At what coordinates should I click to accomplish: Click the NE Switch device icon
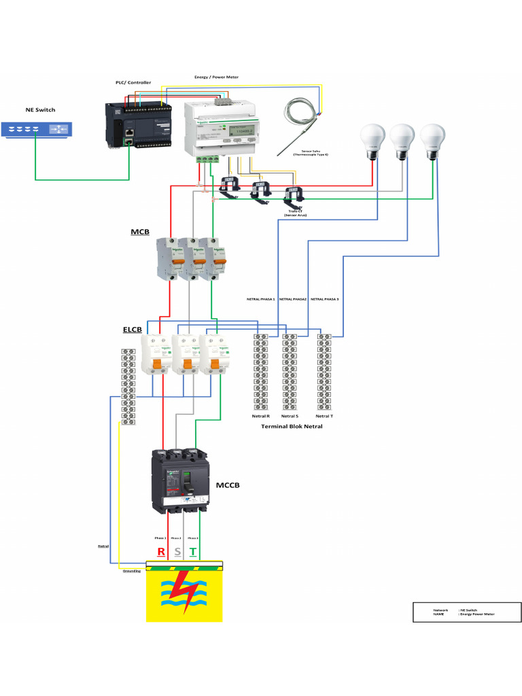[x=37, y=129]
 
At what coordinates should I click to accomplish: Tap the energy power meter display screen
[x=241, y=130]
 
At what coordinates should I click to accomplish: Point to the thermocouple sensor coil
[x=298, y=109]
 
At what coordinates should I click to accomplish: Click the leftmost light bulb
[x=372, y=139]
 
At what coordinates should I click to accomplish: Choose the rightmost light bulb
[x=432, y=139]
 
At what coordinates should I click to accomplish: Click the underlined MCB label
[x=140, y=232]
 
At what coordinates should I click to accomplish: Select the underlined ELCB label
[x=132, y=330]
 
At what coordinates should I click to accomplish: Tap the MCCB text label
[x=228, y=485]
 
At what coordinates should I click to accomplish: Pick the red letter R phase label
[x=161, y=551]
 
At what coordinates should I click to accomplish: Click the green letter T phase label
[x=193, y=551]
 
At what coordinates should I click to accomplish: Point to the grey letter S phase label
[x=177, y=551]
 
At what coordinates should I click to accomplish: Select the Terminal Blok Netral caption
[x=292, y=426]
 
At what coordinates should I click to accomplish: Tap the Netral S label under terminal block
[x=290, y=416]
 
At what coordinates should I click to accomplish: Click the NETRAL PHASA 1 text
[x=260, y=299]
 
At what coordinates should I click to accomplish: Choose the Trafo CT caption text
[x=295, y=211]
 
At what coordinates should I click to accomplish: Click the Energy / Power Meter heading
[x=216, y=77]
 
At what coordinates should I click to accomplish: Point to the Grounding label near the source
[x=131, y=571]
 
